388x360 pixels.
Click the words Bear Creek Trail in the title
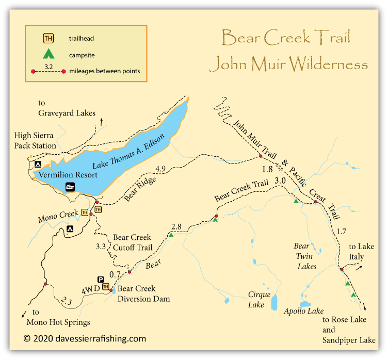click(x=285, y=38)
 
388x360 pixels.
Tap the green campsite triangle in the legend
click(x=48, y=53)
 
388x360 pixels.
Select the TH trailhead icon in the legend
click(x=48, y=38)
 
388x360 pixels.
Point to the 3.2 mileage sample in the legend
click(x=47, y=66)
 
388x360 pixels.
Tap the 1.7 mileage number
click(x=341, y=232)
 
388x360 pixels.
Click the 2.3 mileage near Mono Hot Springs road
click(x=65, y=301)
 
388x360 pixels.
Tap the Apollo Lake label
click(x=304, y=311)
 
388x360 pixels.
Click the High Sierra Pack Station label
click(x=36, y=141)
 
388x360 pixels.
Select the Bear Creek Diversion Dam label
click(x=137, y=293)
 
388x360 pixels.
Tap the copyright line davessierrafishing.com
click(x=85, y=339)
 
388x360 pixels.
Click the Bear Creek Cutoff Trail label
click(x=132, y=242)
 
